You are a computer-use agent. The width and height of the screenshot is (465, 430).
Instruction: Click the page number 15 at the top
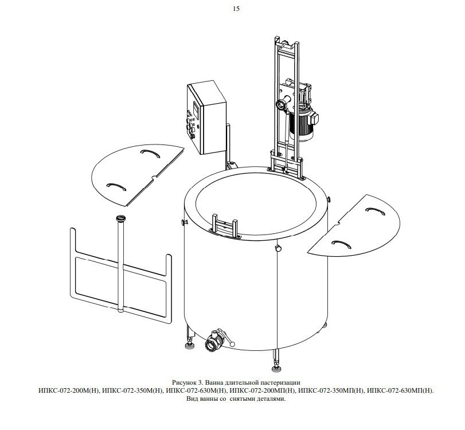point(236,9)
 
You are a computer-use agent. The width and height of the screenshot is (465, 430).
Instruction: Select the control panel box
point(206,117)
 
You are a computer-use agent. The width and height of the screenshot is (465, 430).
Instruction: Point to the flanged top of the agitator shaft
point(121,218)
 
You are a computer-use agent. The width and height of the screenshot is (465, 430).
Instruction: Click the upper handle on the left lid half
point(150,153)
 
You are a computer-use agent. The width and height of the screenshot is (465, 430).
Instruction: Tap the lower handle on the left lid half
point(116,186)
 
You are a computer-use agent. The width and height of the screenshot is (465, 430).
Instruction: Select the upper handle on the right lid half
point(375,210)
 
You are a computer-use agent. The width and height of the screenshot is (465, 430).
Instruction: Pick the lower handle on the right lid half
point(341,244)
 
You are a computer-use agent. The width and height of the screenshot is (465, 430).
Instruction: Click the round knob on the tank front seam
point(278,248)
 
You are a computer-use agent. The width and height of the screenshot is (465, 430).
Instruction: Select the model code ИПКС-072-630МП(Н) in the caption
point(400,390)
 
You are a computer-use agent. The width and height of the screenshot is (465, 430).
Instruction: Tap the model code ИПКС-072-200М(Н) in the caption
point(69,390)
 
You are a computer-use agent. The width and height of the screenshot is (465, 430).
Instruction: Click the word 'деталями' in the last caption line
point(272,398)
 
